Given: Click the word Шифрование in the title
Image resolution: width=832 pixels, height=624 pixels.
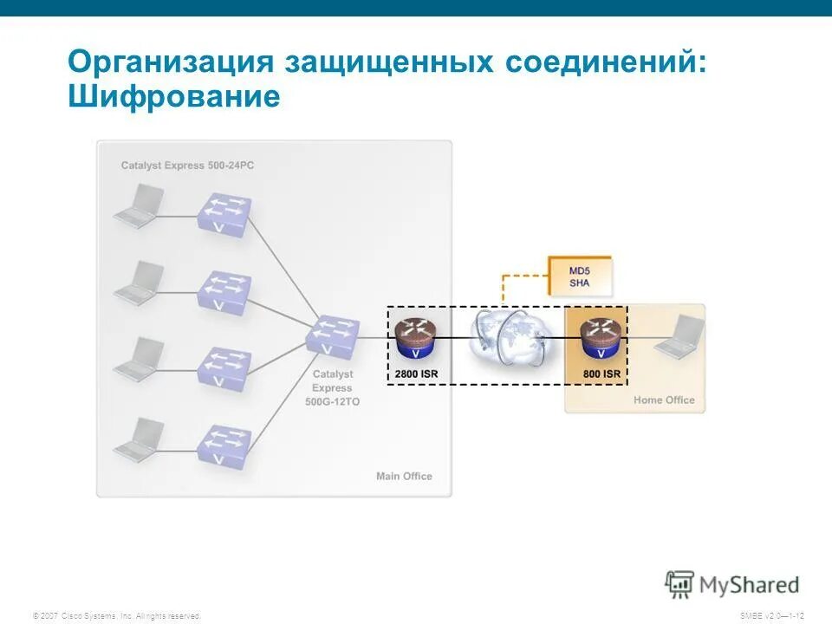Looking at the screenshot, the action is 174,96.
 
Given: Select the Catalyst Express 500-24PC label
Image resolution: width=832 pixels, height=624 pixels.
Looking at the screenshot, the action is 183,165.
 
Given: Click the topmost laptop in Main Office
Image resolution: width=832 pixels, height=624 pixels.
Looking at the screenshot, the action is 140,206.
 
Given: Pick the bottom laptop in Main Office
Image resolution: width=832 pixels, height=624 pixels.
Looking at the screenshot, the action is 140,439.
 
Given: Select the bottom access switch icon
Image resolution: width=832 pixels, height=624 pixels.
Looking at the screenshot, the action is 224,445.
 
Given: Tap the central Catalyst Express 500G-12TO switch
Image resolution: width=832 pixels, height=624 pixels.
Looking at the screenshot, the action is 332,335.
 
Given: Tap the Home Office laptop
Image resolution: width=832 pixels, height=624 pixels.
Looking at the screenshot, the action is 679,337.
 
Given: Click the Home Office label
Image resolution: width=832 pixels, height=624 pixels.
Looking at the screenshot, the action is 664,400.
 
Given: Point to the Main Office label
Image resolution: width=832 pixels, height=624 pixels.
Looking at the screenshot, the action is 404,476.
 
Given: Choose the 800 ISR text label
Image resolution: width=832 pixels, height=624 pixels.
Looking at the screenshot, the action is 601,374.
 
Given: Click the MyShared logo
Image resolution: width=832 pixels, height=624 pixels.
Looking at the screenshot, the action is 732,585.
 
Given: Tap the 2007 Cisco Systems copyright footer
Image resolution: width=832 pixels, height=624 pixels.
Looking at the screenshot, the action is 117,616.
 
